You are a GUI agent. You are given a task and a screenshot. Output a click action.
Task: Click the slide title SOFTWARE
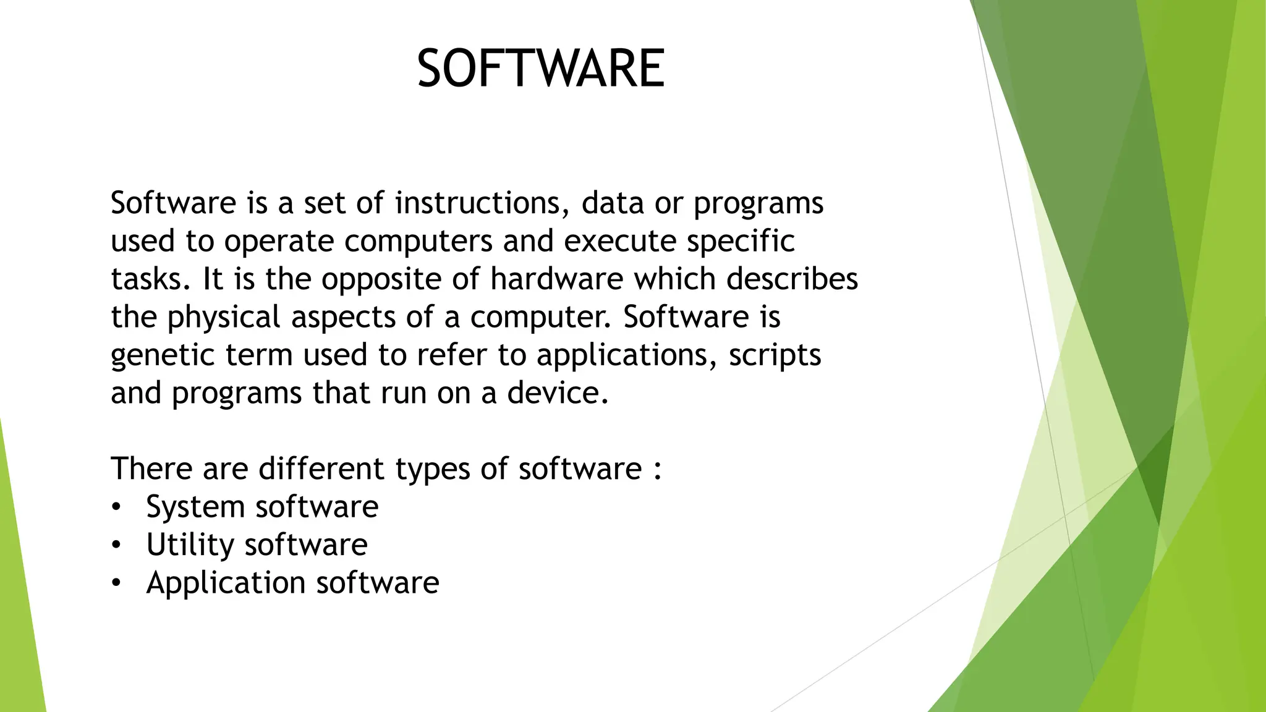tap(541, 69)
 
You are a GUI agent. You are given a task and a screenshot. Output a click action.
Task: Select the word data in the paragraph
tap(613, 203)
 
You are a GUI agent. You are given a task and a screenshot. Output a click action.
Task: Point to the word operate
tap(279, 242)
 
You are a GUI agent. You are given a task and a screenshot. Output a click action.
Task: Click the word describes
tap(792, 279)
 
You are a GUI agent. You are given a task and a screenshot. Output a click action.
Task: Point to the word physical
tap(224, 318)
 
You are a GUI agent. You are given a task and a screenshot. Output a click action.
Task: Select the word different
tap(321, 468)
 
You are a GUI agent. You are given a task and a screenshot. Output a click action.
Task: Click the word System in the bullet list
tap(195, 507)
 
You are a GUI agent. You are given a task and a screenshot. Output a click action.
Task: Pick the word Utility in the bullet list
tap(190, 545)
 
